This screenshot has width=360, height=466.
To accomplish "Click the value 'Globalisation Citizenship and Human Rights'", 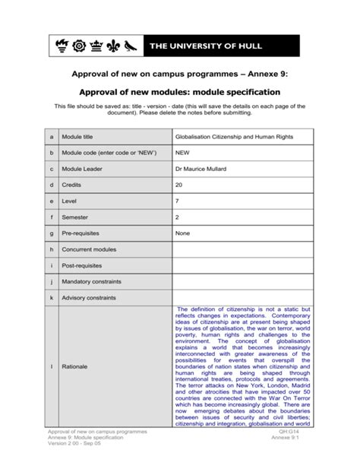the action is tap(233, 137).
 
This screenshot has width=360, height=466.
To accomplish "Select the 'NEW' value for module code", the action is tap(182, 153).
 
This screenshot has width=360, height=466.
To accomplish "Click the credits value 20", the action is tap(179, 185).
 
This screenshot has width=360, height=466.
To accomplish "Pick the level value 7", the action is tap(177, 201).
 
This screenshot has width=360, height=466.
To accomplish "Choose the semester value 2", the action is tap(177, 217).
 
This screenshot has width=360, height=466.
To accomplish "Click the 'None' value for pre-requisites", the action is tap(182, 233).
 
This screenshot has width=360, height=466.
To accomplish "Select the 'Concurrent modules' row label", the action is tap(89, 249).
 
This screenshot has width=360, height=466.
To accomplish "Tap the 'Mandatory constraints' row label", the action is tap(91, 281).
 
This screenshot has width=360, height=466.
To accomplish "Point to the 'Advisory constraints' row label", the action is tap(89, 297).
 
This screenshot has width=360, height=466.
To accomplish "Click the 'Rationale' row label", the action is tap(74, 366).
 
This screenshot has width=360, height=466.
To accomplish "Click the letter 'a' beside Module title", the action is tap(52, 137).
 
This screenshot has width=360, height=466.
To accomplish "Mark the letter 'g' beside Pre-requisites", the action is tap(52, 233).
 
